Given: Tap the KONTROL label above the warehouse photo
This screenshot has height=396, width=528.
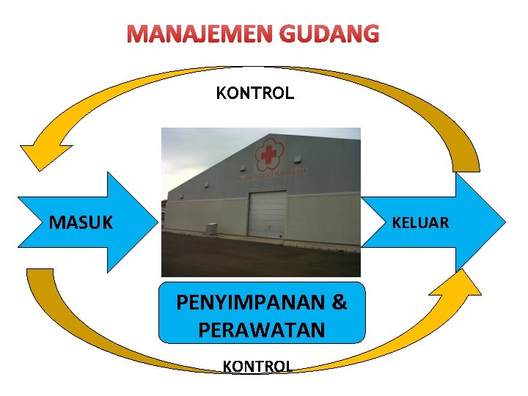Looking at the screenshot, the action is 254,93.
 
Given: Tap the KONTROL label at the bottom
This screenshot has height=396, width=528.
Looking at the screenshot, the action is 257,366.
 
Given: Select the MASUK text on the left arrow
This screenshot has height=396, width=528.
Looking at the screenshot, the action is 81,221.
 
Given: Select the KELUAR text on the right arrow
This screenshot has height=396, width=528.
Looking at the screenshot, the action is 420,222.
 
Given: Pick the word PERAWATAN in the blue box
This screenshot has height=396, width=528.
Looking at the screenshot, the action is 261,330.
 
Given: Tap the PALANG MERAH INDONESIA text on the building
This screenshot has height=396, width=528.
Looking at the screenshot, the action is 271,175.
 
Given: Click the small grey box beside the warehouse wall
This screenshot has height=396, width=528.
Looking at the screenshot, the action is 212,228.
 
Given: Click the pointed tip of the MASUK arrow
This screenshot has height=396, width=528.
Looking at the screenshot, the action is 156,221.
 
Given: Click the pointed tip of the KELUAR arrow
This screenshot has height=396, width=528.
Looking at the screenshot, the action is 505,221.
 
